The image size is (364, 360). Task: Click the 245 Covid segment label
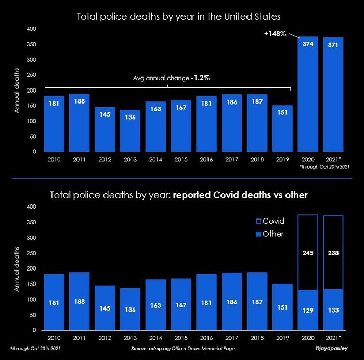click(x=308, y=253)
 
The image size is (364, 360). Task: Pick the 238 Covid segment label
click(x=333, y=253)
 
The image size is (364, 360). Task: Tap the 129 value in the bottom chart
click(x=308, y=310)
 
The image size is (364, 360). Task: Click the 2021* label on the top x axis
click(x=333, y=159)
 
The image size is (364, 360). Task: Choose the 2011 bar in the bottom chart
click(x=79, y=301)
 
